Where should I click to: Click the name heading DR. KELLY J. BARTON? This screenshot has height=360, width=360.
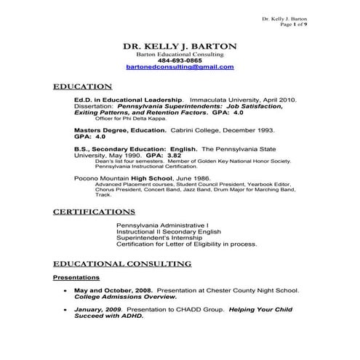pyautogui.click(x=180, y=46)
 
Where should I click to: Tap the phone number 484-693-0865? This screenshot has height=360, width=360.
pyautogui.click(x=180, y=60)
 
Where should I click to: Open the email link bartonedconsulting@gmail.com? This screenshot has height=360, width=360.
pyautogui.click(x=180, y=67)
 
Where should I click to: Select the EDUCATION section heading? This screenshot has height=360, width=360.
pyautogui.click(x=82, y=86)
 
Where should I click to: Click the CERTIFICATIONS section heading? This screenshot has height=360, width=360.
pyautogui.click(x=94, y=212)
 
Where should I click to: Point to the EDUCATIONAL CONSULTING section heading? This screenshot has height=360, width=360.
pyautogui.click(x=122, y=263)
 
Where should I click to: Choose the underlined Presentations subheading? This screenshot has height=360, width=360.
pyautogui.click(x=76, y=278)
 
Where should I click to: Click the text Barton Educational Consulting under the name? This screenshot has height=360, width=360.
pyautogui.click(x=180, y=55)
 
